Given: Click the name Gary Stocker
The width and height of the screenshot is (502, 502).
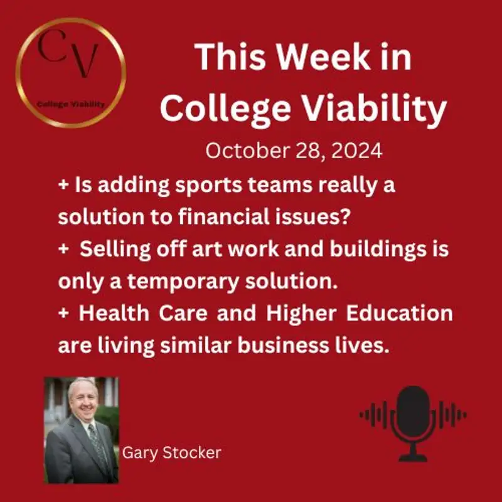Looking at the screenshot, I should pos(171,452).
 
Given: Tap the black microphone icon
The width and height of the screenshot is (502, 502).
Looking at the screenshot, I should pos(412,415).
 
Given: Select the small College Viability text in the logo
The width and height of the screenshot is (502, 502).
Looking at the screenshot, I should pos(71,104).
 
